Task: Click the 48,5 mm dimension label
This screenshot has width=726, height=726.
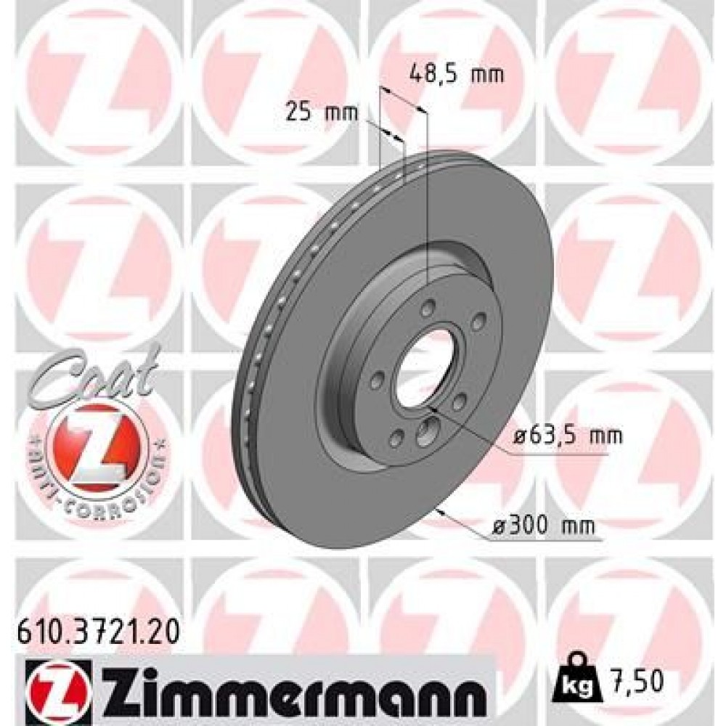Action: pyautogui.click(x=455, y=73)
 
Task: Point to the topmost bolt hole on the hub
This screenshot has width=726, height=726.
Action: pyautogui.click(x=430, y=304)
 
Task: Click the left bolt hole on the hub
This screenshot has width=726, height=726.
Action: pyautogui.click(x=377, y=379)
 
